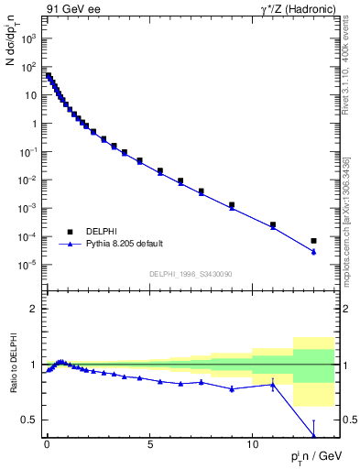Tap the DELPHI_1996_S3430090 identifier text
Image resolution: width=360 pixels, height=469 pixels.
click(190, 274)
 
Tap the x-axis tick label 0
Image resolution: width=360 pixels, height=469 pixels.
click(47, 442)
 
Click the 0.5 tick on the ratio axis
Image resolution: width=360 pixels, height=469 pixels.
click(29, 420)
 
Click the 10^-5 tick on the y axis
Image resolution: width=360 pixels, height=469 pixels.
click(28, 265)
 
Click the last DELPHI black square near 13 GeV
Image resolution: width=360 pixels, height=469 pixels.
click(314, 241)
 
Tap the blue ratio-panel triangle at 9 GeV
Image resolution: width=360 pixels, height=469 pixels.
click(232, 388)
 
